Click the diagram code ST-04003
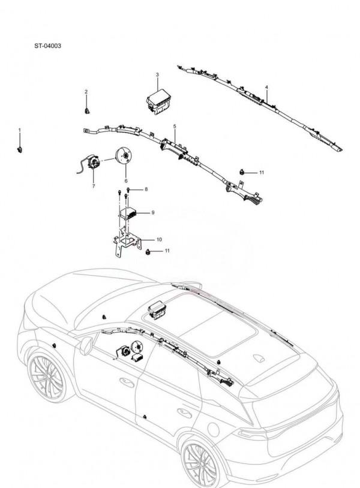[x=47, y=46]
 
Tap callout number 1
[x=19, y=129]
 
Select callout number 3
[x=157, y=75]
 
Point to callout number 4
[x=266, y=88]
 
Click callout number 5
[x=174, y=127]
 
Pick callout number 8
[x=145, y=189]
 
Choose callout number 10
[x=159, y=239]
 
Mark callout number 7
[x=94, y=186]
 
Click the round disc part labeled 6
[x=125, y=158]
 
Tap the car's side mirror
[x=86, y=344]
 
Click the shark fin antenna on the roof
[x=260, y=357]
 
